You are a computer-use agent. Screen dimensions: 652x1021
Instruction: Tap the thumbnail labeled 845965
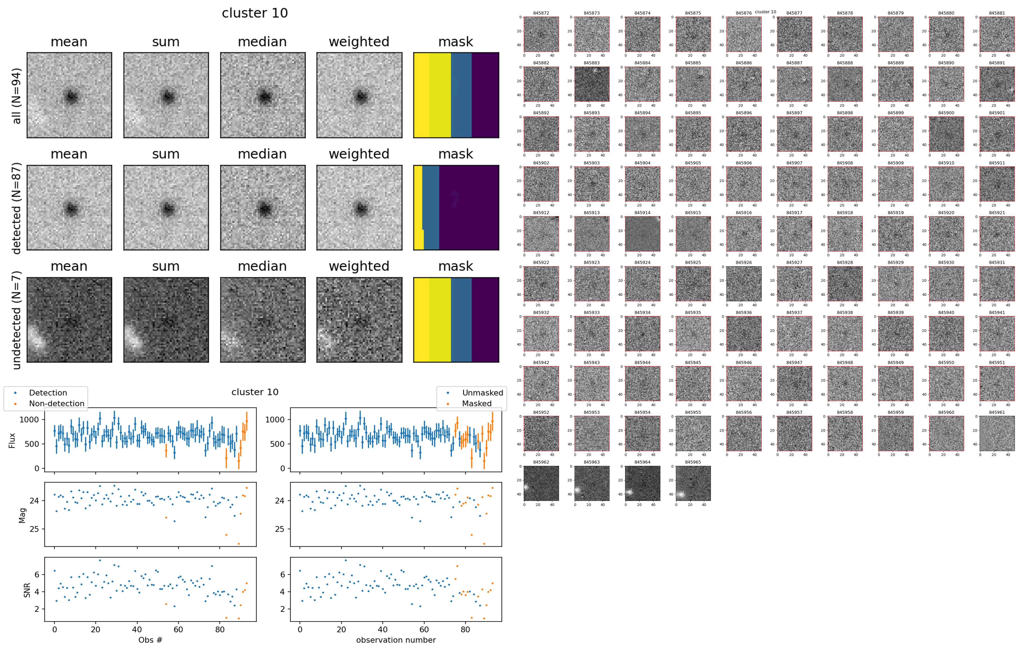693,483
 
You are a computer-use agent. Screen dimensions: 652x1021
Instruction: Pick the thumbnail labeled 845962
541,483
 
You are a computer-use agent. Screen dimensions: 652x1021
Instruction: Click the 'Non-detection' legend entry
56,404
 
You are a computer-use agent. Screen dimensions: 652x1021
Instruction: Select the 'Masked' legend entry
477,404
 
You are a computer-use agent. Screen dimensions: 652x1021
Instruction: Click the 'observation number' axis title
396,640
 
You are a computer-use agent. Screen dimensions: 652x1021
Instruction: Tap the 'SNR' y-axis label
27,589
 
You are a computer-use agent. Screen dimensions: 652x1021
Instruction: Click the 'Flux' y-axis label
12,440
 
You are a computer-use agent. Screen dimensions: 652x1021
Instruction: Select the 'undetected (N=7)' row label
16,320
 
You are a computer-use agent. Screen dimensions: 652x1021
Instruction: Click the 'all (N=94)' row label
16,96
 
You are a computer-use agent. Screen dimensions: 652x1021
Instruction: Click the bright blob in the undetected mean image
37,339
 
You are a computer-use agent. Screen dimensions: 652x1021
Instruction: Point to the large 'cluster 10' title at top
255,13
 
